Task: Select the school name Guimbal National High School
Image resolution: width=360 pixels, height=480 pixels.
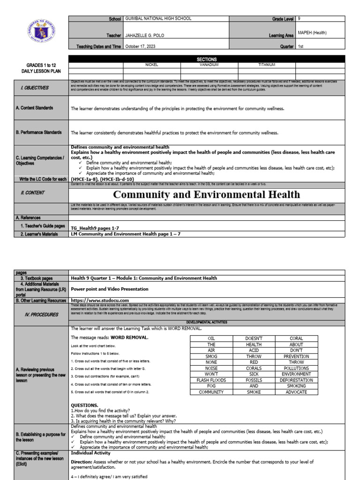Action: pos(158,19)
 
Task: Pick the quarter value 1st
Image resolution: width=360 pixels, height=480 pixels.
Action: pos(300,46)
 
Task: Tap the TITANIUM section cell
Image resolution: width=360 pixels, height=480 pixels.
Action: pos(267,65)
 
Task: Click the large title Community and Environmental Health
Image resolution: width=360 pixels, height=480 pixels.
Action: pos(207,195)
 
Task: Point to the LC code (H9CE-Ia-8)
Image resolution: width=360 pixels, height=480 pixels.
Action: pos(86,179)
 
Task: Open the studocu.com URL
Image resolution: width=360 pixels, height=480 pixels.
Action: pos(100,300)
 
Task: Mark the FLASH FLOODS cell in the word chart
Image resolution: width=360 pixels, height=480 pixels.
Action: pos(211,380)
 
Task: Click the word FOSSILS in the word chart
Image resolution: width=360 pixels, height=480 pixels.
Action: pos(254,380)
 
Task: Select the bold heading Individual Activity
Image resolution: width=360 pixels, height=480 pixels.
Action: pos(90,453)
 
